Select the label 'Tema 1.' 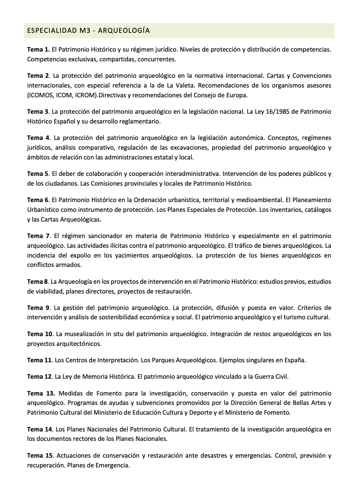(x=38, y=50)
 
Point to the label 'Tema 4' (x=38, y=138)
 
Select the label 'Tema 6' (x=38, y=200)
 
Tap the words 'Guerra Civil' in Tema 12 (x=267, y=377)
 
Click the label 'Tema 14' (x=39, y=429)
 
